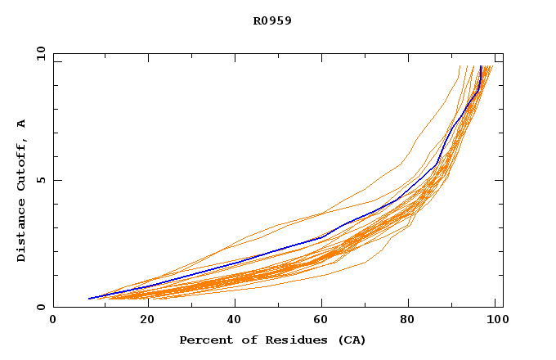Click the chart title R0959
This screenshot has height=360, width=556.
[x=272, y=20]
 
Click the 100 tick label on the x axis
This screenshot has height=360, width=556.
[x=495, y=320]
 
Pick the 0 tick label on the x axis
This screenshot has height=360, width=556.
[x=53, y=320]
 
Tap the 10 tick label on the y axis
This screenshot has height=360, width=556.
[x=39, y=53]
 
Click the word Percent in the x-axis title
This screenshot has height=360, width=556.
[x=204, y=340]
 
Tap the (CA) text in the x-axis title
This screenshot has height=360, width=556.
[x=352, y=340]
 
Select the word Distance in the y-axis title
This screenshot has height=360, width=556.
[x=21, y=229]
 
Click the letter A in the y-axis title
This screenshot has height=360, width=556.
[x=21, y=124]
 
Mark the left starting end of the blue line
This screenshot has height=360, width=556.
[x=88, y=299]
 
